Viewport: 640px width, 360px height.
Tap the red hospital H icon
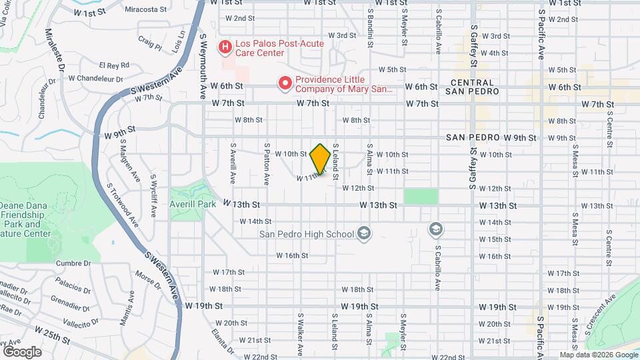225,47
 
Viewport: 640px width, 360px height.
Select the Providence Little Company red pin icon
285,83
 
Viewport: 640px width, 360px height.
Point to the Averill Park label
192,204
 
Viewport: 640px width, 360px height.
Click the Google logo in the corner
22,351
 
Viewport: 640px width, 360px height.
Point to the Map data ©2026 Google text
598,355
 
